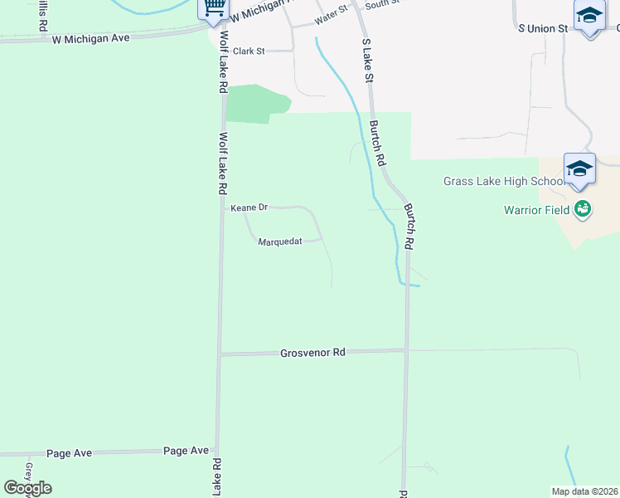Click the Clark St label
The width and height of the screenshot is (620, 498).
[248, 51]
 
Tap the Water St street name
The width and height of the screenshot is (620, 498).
[331, 16]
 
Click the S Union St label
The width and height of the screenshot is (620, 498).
[542, 28]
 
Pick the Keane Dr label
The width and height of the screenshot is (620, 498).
[249, 207]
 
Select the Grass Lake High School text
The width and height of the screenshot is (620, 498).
[503, 182]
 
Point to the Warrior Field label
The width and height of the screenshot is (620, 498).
[535, 210]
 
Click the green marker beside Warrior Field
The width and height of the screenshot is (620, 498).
[583, 208]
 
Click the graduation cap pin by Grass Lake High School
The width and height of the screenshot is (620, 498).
[579, 168]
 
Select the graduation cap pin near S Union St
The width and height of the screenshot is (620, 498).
[589, 16]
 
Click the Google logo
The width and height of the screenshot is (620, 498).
[27, 488]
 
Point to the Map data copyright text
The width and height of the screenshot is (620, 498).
[584, 491]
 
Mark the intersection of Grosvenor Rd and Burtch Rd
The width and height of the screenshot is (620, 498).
[406, 350]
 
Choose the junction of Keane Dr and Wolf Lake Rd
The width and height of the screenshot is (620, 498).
[222, 207]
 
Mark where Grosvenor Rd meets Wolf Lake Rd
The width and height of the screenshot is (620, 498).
[220, 354]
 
